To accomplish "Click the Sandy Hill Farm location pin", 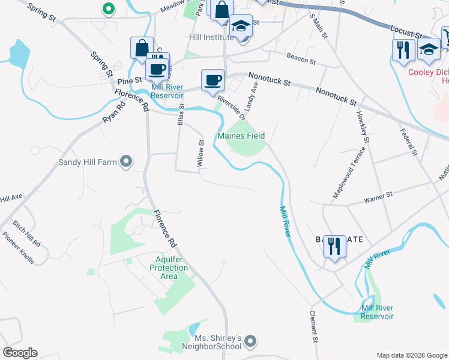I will coord(126,161).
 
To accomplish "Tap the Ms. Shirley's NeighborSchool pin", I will coord(251,342).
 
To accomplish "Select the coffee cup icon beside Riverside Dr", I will coord(212,81).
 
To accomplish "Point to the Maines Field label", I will coord(241,136).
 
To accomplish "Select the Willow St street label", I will coord(202,152).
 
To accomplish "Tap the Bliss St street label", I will coord(181,113).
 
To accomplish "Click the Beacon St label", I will coord(301,59).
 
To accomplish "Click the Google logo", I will coord(20,353).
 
